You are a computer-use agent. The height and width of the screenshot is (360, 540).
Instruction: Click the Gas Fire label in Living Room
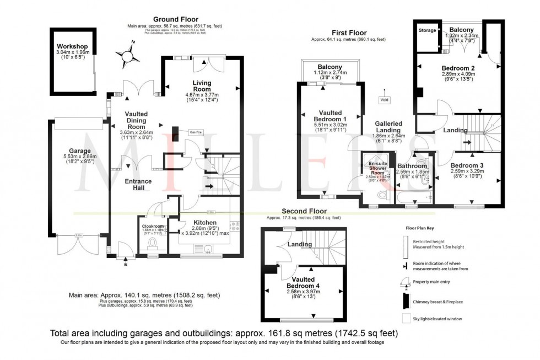tap(195, 132)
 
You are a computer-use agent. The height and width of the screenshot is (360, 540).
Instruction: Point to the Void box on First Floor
tap(385, 100)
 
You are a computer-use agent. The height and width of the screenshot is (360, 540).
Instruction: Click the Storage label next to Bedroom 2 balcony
tap(427, 31)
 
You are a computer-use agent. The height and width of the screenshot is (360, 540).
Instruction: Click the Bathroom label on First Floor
tap(412, 166)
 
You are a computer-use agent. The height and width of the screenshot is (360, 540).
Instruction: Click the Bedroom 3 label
tap(466, 165)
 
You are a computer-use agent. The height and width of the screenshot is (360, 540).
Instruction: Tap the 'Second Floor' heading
tap(304, 211)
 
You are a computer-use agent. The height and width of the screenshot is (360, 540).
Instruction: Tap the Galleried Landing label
tap(388, 127)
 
